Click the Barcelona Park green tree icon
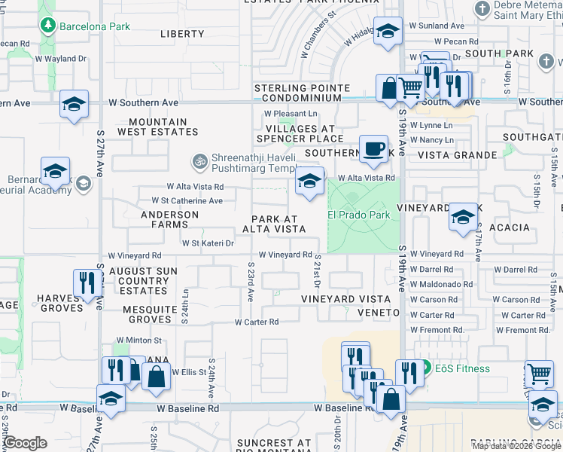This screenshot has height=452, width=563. (49, 26)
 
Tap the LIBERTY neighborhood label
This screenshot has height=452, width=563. (182, 34)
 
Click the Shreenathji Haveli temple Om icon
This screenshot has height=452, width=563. (199, 160)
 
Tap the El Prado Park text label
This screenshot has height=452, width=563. (358, 215)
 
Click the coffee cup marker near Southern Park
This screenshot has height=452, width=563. (373, 149)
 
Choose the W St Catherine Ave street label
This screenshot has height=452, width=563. (187, 201)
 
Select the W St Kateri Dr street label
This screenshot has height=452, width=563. (208, 243)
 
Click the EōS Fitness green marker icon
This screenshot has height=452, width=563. (425, 368)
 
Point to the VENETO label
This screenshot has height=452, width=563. (379, 312)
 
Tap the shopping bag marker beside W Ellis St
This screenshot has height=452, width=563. (155, 377)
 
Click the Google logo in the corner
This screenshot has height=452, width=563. (25, 443)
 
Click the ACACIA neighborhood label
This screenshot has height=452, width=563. (509, 228)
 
